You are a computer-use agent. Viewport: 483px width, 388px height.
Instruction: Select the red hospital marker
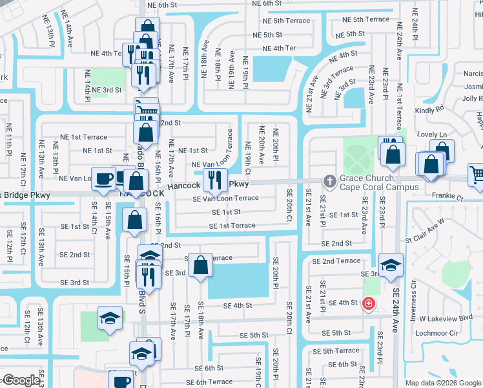pyautogui.click(x=368, y=303)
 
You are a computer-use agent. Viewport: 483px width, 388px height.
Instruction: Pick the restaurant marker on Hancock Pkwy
pyautogui.click(x=215, y=180)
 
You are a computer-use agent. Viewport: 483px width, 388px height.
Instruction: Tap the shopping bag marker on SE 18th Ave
pyautogui.click(x=201, y=266)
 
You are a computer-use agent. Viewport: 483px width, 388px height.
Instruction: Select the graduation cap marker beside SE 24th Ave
pyautogui.click(x=391, y=265)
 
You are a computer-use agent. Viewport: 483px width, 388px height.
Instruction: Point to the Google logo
pyautogui.click(x=21, y=380)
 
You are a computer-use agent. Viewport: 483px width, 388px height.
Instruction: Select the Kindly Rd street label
pyautogui.click(x=429, y=110)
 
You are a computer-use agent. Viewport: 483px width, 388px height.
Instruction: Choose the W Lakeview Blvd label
pyautogui.click(x=446, y=318)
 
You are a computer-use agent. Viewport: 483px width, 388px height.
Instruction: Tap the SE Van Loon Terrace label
pyautogui.click(x=225, y=199)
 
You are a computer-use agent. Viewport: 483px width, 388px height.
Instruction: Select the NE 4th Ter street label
pyautogui.click(x=279, y=48)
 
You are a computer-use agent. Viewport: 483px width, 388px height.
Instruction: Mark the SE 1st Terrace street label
pyautogui.click(x=232, y=226)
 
